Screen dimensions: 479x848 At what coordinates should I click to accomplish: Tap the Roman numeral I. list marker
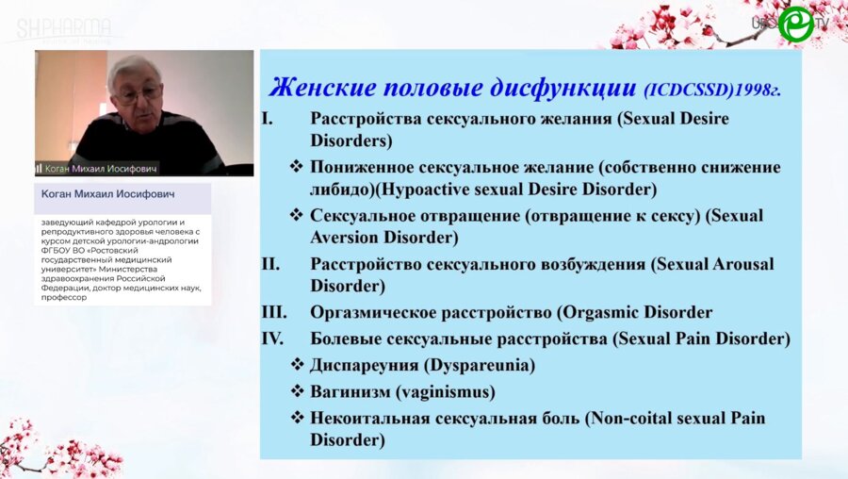click(x=267, y=119)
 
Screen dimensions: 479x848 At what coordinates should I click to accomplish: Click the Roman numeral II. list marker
click(x=271, y=264)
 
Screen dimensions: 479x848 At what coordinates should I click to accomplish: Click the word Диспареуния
click(x=366, y=364)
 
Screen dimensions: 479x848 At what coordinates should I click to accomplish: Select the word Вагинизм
click(x=350, y=390)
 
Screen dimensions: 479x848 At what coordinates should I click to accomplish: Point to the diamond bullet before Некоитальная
click(x=297, y=417)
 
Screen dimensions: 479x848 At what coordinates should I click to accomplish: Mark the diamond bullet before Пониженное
click(x=297, y=167)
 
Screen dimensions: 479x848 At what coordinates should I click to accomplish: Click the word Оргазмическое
click(x=372, y=312)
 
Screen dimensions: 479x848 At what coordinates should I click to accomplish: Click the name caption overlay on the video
click(x=96, y=168)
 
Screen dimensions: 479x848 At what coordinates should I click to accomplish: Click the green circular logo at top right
click(x=796, y=23)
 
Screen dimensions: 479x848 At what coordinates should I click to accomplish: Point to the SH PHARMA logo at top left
click(x=64, y=28)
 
